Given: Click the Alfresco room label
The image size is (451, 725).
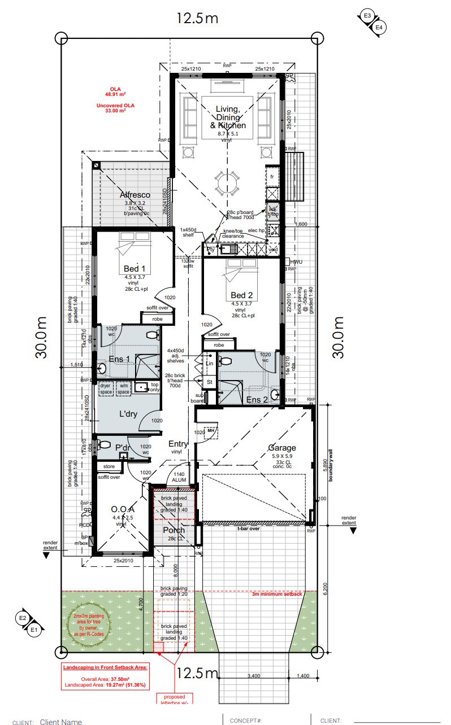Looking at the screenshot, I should (135, 195).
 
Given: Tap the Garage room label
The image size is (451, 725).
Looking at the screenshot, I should (282, 448).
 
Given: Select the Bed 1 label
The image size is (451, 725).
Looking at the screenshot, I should (135, 268).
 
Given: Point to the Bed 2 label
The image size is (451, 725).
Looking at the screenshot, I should (242, 295).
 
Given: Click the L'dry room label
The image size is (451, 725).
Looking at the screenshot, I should (128, 414).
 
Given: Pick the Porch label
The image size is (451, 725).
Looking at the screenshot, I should (174, 530).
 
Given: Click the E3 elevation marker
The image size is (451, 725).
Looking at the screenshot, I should (368, 16).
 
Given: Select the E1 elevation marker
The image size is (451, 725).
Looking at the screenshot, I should (34, 629).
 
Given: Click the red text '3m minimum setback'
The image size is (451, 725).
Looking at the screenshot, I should (277, 594).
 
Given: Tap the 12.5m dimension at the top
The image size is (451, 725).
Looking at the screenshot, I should (197, 18).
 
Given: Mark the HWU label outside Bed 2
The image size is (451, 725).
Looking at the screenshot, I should (297, 261).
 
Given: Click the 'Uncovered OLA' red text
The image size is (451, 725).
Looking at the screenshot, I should (115, 105).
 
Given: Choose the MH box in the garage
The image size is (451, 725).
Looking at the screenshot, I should (211, 430).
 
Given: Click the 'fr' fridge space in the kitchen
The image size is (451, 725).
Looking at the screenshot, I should (272, 177).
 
